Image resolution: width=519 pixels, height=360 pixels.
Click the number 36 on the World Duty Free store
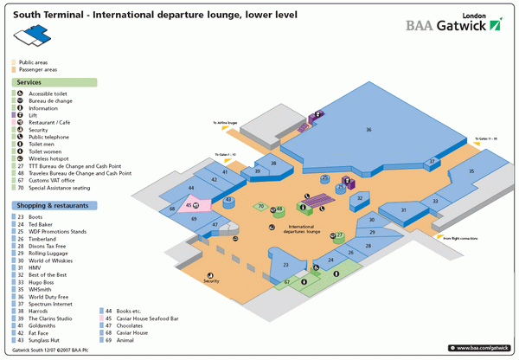click(x=368, y=130)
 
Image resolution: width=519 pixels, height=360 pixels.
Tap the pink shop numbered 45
click(x=189, y=205)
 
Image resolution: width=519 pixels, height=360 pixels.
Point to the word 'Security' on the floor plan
click(x=211, y=281)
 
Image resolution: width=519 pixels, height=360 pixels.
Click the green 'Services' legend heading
click(x=30, y=82)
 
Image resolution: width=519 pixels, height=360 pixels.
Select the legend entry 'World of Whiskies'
click(x=53, y=260)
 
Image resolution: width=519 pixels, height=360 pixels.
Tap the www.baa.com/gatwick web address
click(x=481, y=347)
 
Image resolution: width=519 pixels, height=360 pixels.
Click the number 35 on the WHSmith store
click(x=472, y=171)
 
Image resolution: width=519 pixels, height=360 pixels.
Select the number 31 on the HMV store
click(x=403, y=210)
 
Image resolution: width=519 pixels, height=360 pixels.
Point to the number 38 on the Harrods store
click(x=273, y=163)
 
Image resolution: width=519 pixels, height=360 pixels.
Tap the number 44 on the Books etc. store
click(x=191, y=188)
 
